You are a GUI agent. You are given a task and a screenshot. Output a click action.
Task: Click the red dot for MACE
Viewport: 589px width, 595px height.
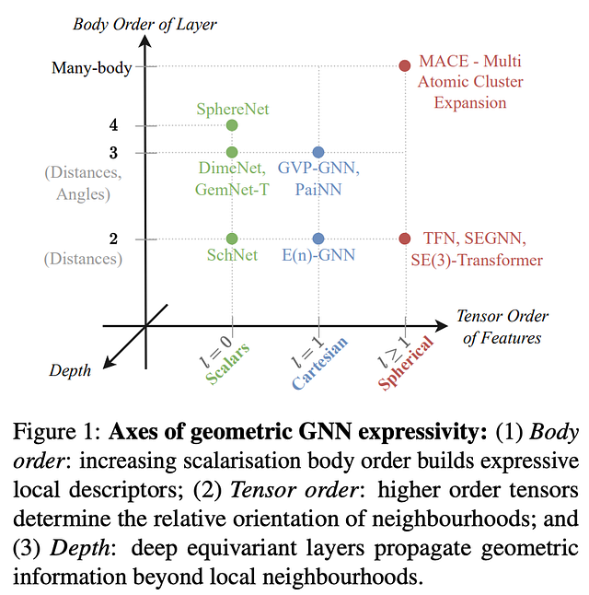tap(404, 65)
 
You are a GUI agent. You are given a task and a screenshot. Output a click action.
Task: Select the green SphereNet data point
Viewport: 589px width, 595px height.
tap(232, 125)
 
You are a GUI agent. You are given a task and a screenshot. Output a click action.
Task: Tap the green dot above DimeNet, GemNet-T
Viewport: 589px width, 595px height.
tap(232, 152)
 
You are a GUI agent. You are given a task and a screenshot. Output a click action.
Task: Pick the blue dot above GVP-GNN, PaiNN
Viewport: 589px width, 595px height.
tap(318, 152)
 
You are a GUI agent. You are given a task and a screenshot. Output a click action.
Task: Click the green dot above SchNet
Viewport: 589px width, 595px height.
tap(232, 239)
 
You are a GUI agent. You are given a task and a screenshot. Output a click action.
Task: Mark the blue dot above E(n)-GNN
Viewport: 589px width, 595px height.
tap(318, 239)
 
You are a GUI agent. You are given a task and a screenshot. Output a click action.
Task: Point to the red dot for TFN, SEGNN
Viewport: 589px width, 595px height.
tap(404, 239)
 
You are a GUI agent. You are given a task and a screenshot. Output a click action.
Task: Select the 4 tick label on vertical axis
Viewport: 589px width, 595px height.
tap(113, 125)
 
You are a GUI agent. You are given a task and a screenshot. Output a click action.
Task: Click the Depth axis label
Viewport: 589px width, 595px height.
tap(70, 370)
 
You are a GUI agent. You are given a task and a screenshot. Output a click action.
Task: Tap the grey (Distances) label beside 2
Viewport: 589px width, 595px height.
tap(82, 259)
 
